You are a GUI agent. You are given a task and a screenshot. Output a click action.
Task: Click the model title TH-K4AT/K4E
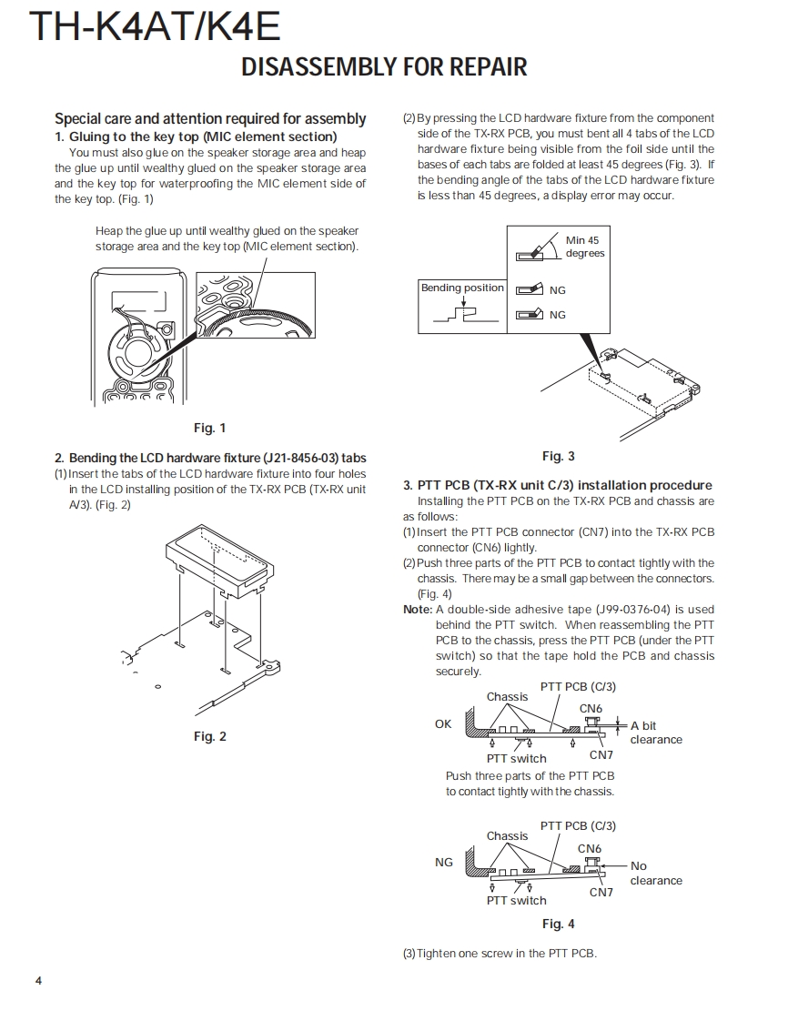(x=155, y=26)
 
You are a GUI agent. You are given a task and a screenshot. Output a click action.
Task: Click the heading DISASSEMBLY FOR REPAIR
(x=384, y=66)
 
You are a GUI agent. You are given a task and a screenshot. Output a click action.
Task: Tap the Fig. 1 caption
(x=209, y=428)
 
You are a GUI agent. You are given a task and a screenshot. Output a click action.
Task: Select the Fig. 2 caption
(x=209, y=736)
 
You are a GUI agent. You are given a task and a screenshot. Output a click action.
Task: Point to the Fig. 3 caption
(x=558, y=456)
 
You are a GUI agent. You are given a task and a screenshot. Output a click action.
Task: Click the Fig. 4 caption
(x=558, y=924)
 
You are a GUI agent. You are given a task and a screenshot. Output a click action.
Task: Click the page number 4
(x=38, y=980)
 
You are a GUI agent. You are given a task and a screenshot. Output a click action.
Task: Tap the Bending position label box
(x=461, y=288)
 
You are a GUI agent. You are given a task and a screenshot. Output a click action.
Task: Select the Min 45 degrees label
(x=583, y=247)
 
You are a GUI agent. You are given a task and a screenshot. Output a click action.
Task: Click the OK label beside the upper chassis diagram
(x=443, y=724)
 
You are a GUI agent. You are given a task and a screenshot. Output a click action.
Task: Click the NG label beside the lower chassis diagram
(x=443, y=862)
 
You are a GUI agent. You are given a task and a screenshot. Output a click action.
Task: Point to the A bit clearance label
(x=655, y=733)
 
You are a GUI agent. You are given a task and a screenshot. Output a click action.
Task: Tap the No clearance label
(x=655, y=873)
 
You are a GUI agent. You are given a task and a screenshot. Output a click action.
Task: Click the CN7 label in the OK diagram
(x=601, y=754)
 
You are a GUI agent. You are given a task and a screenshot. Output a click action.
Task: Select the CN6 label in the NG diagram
(x=590, y=848)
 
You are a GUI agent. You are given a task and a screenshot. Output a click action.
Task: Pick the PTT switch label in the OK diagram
(x=516, y=758)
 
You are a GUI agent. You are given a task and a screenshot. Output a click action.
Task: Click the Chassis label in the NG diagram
(x=507, y=835)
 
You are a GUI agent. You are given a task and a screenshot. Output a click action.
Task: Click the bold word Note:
(x=418, y=610)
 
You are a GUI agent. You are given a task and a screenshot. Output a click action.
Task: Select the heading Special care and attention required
(x=210, y=118)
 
